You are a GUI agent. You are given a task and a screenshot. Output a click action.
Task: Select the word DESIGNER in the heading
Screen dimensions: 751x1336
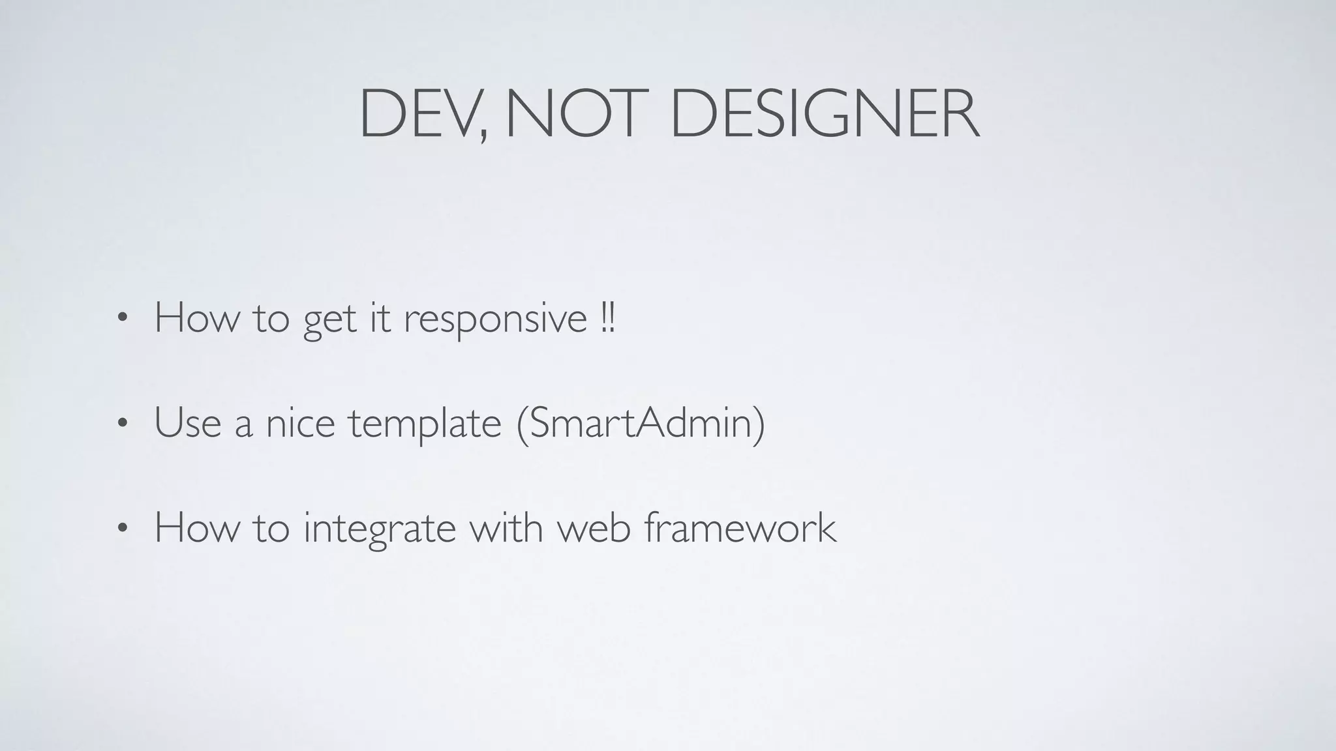coord(825,115)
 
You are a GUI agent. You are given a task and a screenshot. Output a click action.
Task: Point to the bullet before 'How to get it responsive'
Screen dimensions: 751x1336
coord(121,319)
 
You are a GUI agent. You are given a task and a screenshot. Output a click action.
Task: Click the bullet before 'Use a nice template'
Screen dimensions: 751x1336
coord(121,424)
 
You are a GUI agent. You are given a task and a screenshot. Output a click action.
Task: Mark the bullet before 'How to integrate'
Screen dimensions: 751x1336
coord(121,529)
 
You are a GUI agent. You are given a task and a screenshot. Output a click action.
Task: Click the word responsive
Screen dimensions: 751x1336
coord(495,319)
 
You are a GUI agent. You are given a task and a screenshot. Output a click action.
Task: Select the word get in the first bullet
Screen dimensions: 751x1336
coord(329,321)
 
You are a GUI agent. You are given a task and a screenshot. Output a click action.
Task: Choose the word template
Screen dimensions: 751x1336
coord(425,424)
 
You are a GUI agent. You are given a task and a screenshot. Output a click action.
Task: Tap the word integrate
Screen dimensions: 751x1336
coord(379,529)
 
